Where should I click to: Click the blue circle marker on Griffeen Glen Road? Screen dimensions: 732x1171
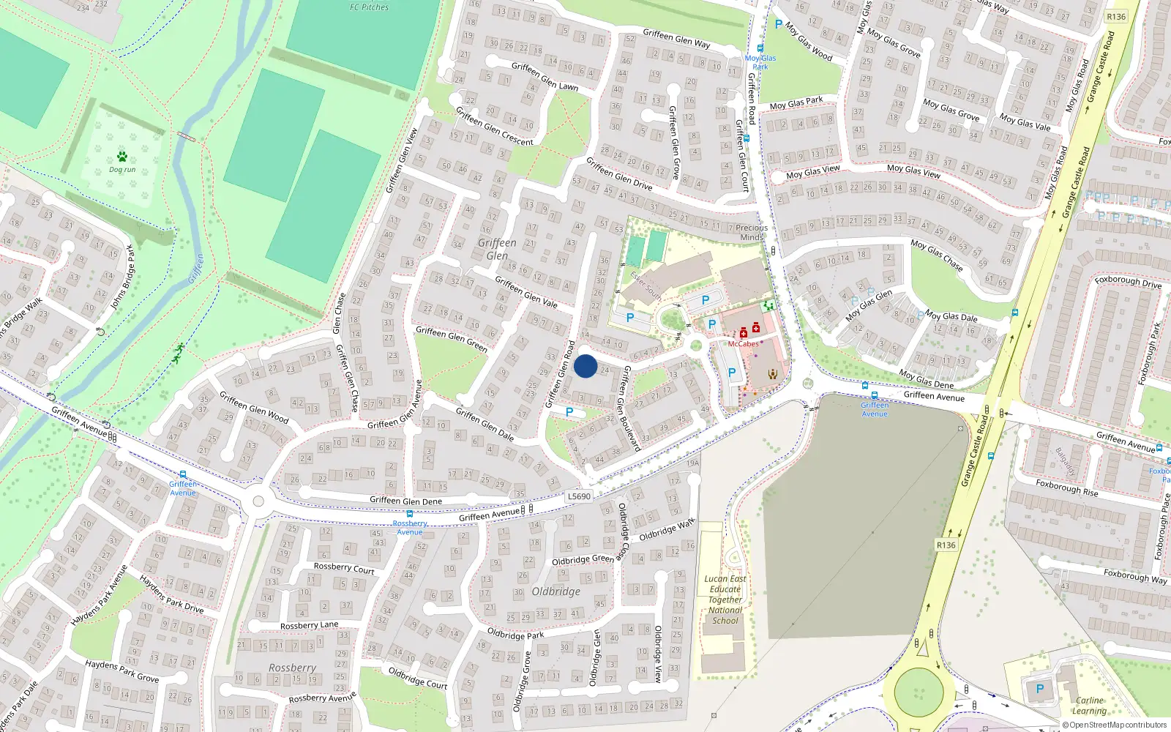click(585, 366)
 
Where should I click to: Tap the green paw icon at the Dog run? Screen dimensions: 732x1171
click(121, 156)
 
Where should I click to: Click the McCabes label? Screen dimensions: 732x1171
click(743, 344)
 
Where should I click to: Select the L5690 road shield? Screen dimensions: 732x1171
click(579, 496)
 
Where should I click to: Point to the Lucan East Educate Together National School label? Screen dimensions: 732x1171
click(725, 600)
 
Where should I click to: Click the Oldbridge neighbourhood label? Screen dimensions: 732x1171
click(555, 591)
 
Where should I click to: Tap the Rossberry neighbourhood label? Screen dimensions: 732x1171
click(292, 668)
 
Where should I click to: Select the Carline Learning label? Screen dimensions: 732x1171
click(1089, 706)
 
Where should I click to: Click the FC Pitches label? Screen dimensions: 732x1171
click(369, 7)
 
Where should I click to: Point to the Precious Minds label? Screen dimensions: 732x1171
click(752, 232)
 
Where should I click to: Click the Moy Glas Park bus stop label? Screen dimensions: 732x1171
click(760, 62)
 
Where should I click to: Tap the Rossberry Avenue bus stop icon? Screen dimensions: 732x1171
click(410, 515)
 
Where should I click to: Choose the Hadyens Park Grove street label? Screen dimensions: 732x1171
click(121, 671)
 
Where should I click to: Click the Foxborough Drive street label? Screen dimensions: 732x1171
click(1128, 281)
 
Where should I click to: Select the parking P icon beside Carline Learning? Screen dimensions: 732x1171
click(1040, 689)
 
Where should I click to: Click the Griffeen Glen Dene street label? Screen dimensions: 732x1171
click(405, 501)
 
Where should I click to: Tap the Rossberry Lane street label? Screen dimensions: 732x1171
click(309, 625)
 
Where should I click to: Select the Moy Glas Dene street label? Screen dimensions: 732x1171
click(926, 378)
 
